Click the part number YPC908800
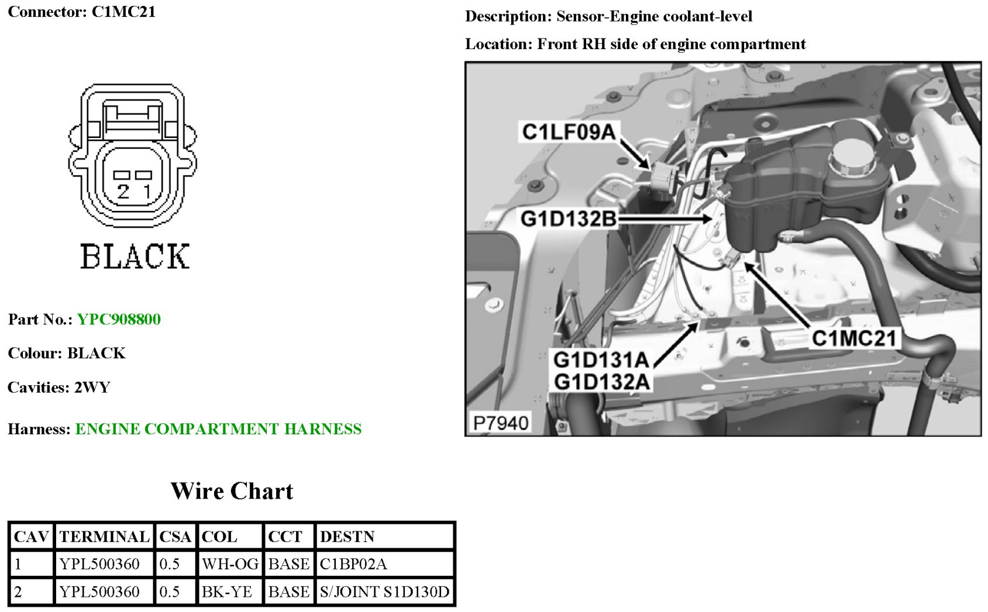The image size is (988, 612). pos(119,319)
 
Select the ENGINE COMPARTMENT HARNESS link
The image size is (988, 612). pos(218,429)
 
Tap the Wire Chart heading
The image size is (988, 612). pos(232,491)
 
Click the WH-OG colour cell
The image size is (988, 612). pos(230,564)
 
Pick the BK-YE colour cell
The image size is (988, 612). pos(226,592)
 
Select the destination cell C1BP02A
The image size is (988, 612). pos(353,564)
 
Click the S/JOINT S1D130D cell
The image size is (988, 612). pos(384,592)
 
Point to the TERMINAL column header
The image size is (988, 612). pos(104,537)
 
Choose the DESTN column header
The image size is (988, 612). pos(347,537)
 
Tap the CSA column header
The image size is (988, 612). pos(175,537)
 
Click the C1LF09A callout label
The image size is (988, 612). pos(569,132)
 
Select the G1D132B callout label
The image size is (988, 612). pos(569,219)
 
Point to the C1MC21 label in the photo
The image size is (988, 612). pos(853,338)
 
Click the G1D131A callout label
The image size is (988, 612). pos(601,360)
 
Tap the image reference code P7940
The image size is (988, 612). pos(501,423)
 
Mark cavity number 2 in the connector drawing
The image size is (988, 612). pos(123,191)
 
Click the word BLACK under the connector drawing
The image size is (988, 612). pos(135,257)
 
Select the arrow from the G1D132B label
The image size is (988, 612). pos(664,219)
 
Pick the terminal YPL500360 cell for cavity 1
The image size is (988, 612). pos(99,564)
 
